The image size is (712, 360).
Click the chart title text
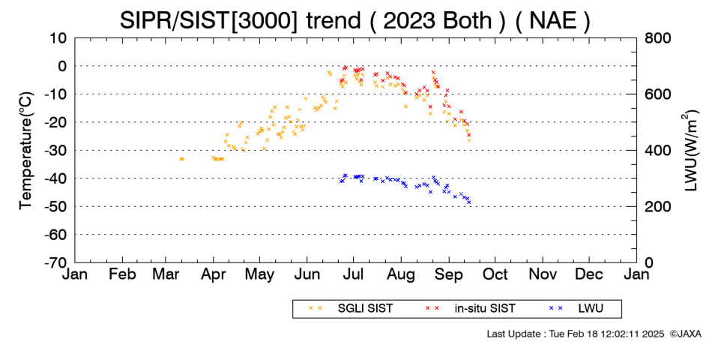[x=355, y=20]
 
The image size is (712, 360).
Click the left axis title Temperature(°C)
[x=26, y=151]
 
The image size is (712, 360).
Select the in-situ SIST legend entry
[x=471, y=309]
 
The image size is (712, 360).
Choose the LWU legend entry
[x=576, y=309]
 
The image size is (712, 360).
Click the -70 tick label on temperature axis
[x=56, y=262]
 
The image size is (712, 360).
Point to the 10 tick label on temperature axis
[x=58, y=37]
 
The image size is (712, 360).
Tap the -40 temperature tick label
[x=56, y=178]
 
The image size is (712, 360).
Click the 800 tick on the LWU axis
[x=657, y=37]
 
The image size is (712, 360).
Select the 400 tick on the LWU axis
[x=657, y=151]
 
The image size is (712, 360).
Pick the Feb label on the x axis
[x=122, y=274]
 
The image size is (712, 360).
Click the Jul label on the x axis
[x=353, y=274]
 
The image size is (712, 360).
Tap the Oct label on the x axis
[x=495, y=274]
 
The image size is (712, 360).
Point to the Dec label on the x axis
[x=589, y=274]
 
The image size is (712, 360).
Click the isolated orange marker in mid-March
[x=181, y=159]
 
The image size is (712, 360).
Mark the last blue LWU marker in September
[x=468, y=202]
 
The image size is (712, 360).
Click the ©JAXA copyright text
[x=685, y=334]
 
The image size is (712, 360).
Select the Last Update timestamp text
[x=576, y=334]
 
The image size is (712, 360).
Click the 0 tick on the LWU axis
[x=648, y=262]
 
